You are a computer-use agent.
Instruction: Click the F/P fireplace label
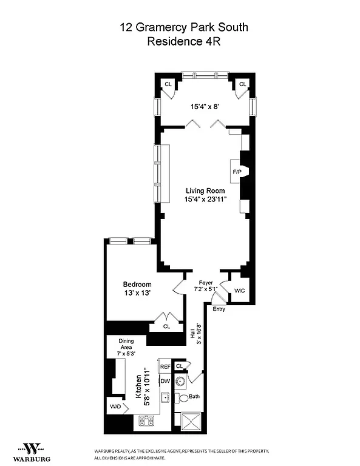pos(236,172)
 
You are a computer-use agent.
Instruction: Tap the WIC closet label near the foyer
pos(240,291)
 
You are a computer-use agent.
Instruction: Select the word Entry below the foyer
pos(219,309)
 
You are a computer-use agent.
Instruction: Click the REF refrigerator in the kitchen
pos(165,367)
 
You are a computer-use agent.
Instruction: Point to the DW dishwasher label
pos(165,381)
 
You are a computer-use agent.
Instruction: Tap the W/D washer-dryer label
pos(115,407)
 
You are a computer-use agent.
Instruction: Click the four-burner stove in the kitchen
pos(148,419)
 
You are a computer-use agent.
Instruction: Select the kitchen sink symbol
pos(164,397)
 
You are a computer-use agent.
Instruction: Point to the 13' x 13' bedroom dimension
pos(137,293)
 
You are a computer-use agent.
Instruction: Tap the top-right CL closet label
pos(242,84)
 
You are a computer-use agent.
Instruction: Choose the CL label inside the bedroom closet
pos(166,326)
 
